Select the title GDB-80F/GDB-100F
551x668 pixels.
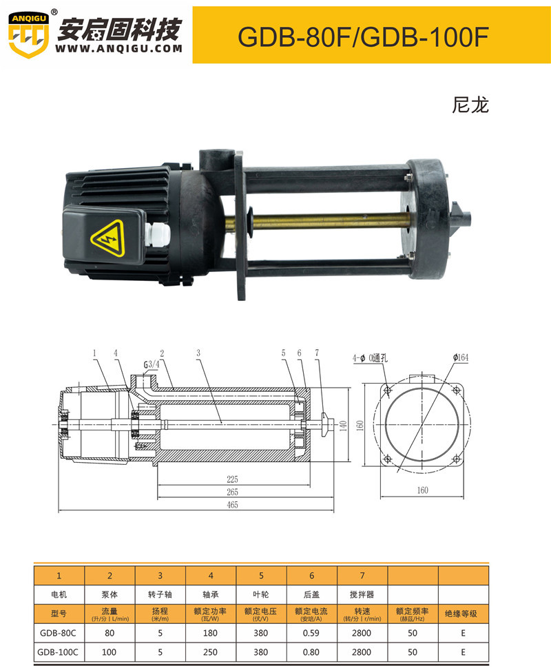pos(362,36)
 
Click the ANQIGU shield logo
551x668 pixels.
pos(28,34)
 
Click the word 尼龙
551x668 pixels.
pos(470,105)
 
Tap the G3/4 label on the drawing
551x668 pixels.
pos(152,365)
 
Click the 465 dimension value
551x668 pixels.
pos(232,505)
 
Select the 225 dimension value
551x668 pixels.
pos(232,479)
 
